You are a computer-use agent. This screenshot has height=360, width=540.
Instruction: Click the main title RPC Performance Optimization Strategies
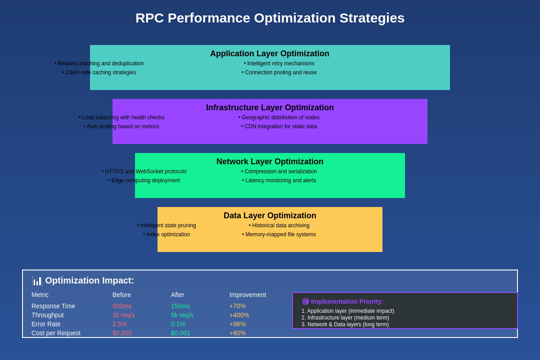(270, 18)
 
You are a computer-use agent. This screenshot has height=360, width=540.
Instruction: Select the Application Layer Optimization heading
(270, 54)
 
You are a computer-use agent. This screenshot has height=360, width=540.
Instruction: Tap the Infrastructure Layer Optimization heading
(270, 108)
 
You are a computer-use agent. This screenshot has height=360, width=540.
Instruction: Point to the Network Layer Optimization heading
(270, 162)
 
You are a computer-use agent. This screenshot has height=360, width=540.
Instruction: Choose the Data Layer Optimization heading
(270, 216)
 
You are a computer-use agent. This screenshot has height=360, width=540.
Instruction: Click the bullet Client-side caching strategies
(99, 72)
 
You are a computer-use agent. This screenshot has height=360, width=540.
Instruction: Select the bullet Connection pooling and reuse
(279, 72)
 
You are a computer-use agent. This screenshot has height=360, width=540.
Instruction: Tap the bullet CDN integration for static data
(279, 126)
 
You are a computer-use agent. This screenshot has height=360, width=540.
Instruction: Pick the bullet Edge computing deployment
(144, 180)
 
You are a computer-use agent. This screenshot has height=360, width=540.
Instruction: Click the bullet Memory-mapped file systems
(279, 234)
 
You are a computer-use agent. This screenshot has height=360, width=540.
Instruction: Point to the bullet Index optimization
(166, 234)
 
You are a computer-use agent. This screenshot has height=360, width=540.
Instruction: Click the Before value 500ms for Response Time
(122, 306)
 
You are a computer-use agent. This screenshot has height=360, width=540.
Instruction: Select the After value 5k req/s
(182, 315)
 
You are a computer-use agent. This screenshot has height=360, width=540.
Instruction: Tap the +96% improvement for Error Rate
(238, 324)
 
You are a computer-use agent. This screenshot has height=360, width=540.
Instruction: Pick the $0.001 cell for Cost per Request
(180, 333)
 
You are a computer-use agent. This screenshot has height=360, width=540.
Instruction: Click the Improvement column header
(248, 295)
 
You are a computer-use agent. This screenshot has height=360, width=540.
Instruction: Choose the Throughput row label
(48, 315)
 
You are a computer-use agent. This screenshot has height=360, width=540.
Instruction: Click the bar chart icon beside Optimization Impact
(37, 281)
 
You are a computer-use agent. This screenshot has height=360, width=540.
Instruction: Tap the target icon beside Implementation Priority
(306, 301)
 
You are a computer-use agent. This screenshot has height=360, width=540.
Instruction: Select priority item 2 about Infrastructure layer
(345, 318)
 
